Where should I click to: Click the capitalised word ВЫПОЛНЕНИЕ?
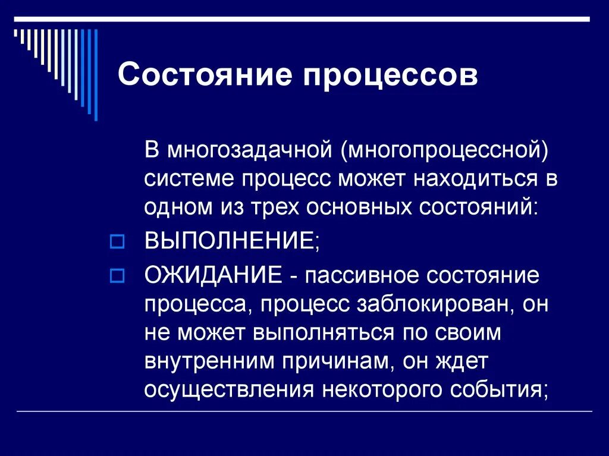coord(230,241)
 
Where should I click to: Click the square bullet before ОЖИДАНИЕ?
coord(117,276)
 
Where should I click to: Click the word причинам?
coord(341,360)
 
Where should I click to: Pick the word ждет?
coord(467,360)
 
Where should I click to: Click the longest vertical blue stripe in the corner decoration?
coord(96,74)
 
